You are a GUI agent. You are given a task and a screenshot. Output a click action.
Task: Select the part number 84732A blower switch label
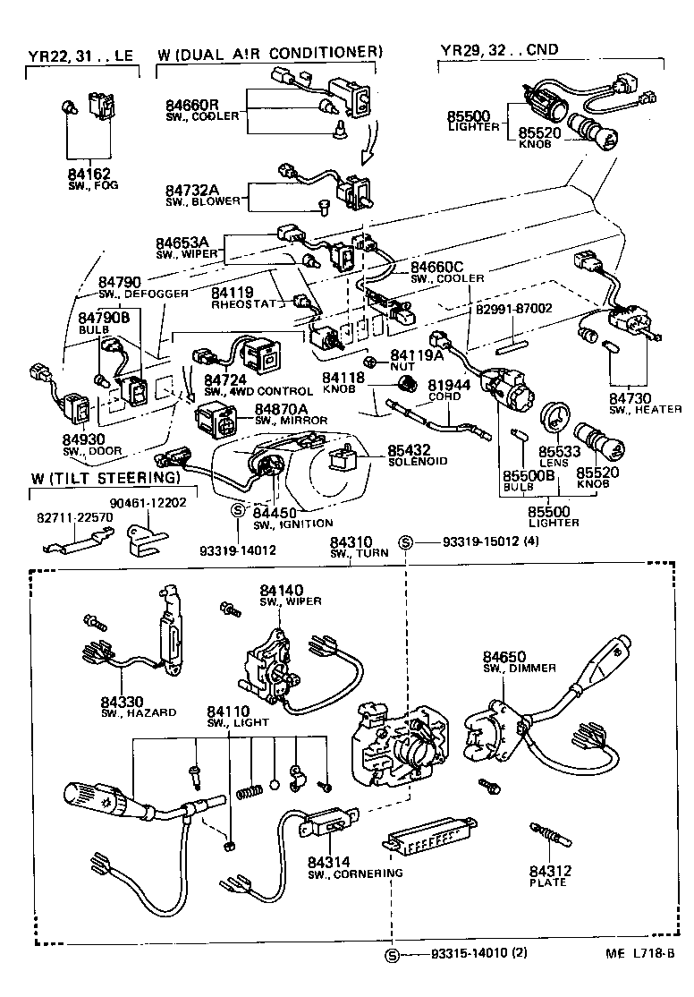pyautogui.click(x=190, y=190)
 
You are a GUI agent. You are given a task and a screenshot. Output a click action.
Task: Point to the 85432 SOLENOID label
pyautogui.click(x=410, y=452)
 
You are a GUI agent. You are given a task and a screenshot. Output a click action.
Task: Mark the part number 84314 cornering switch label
pyautogui.click(x=329, y=862)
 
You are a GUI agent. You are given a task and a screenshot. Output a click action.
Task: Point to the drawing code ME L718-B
pyautogui.click(x=640, y=956)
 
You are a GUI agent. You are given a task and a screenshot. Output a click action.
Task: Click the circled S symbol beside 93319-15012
pyautogui.click(x=405, y=542)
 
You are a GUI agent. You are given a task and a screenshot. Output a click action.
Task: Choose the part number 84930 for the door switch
pyautogui.click(x=83, y=439)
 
